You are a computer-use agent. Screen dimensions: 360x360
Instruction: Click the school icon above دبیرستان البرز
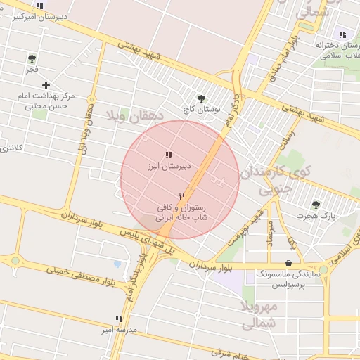point(168,154)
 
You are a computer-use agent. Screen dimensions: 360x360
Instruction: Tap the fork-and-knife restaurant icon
point(182,196)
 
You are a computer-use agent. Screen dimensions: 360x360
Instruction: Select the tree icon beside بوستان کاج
point(202,99)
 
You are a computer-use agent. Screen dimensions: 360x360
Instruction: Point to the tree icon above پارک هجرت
point(316,205)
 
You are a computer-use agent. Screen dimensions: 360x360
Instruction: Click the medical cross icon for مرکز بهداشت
point(46,85)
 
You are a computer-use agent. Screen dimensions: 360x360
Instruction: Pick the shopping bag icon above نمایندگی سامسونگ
point(289,264)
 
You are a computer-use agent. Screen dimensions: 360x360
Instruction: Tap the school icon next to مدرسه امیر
point(118,319)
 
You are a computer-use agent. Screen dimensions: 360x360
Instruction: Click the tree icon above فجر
point(31,58)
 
